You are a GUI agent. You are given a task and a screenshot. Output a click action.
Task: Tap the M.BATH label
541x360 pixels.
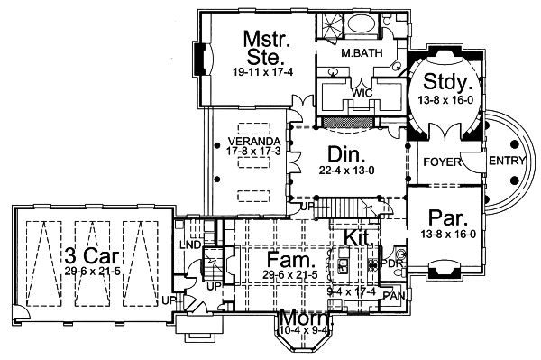pyautogui.click(x=361, y=53)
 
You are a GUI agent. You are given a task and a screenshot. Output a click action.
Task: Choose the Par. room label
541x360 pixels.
pyautogui.click(x=448, y=217)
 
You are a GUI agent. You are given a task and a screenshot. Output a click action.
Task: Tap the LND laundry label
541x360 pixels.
pyautogui.click(x=189, y=245)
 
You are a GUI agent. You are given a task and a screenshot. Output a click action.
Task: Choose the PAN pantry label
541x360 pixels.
pyautogui.click(x=394, y=295)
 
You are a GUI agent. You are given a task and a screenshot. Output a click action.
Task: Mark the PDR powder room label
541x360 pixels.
pyautogui.click(x=391, y=263)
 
